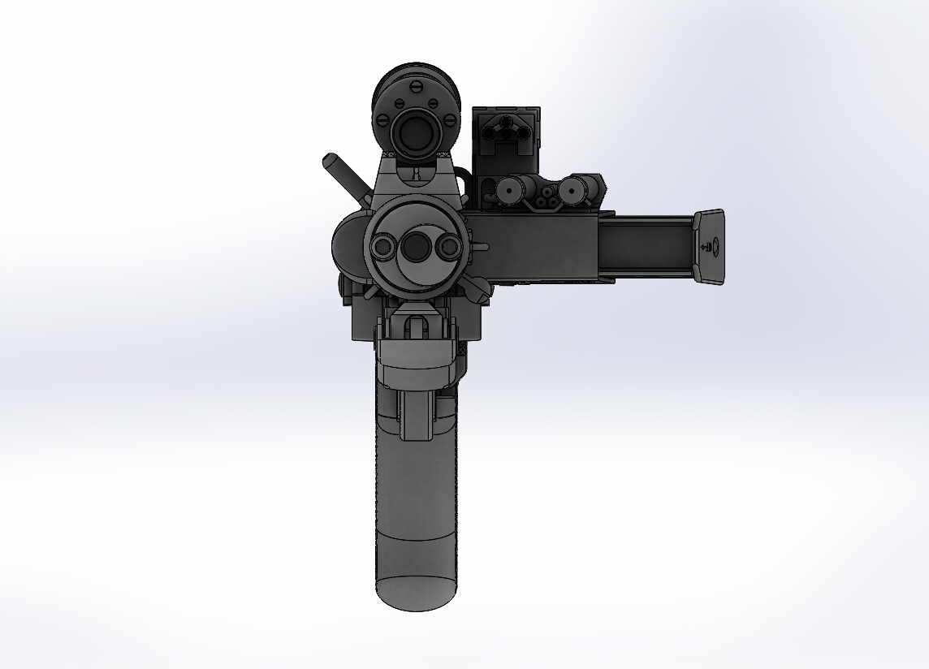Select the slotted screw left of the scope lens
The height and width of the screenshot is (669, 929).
pyautogui.click(x=386, y=122)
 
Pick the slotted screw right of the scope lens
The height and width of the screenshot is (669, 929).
pyautogui.click(x=449, y=122)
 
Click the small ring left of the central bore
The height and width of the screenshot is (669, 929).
pyautogui.click(x=381, y=247)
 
